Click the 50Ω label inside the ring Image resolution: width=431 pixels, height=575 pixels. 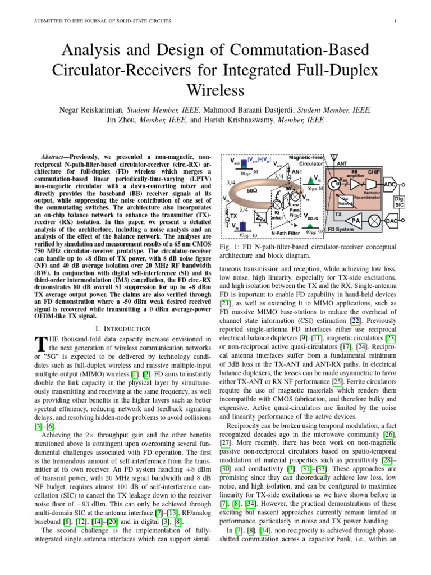pyautogui.click(x=252, y=191)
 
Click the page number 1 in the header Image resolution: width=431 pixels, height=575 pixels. pyautogui.click(x=396, y=21)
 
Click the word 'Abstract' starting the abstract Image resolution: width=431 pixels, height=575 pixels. pyautogui.click(x=56, y=156)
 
